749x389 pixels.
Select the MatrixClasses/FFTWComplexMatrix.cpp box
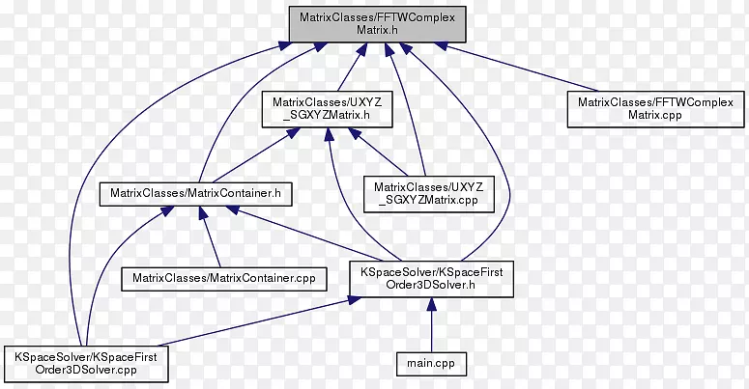pyautogui.click(x=655, y=108)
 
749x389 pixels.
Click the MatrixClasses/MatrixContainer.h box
pyautogui.click(x=196, y=193)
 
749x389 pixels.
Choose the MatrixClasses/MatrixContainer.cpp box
pyautogui.click(x=223, y=278)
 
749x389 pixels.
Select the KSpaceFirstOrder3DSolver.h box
pyautogui.click(x=431, y=279)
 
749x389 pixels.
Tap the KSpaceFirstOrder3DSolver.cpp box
pyautogui.click(x=86, y=363)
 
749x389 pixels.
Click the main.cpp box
pyautogui.click(x=431, y=363)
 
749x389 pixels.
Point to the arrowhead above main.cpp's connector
pyautogui.click(x=431, y=304)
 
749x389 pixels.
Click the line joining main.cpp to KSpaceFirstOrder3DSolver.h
pyautogui.click(x=431, y=328)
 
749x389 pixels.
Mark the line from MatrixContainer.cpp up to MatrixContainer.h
pyautogui.click(x=212, y=241)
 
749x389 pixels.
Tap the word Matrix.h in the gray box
pyautogui.click(x=377, y=30)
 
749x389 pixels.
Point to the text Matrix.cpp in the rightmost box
pyautogui.click(x=655, y=116)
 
